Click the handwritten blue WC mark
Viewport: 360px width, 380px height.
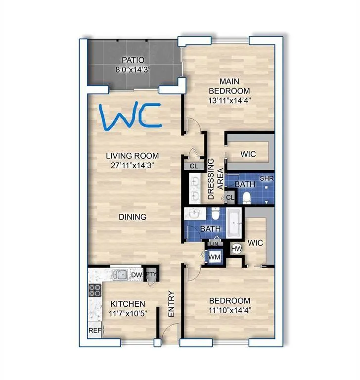130,117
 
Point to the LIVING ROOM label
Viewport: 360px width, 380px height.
132,156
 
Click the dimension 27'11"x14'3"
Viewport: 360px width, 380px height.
132,166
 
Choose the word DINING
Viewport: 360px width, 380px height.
132,216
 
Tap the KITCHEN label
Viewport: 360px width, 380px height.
127,303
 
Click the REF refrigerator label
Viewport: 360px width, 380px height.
94,330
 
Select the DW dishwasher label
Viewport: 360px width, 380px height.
136,275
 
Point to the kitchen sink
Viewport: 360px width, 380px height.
119,274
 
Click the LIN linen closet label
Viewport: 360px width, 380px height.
215,243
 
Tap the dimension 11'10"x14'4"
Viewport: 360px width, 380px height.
229,310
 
